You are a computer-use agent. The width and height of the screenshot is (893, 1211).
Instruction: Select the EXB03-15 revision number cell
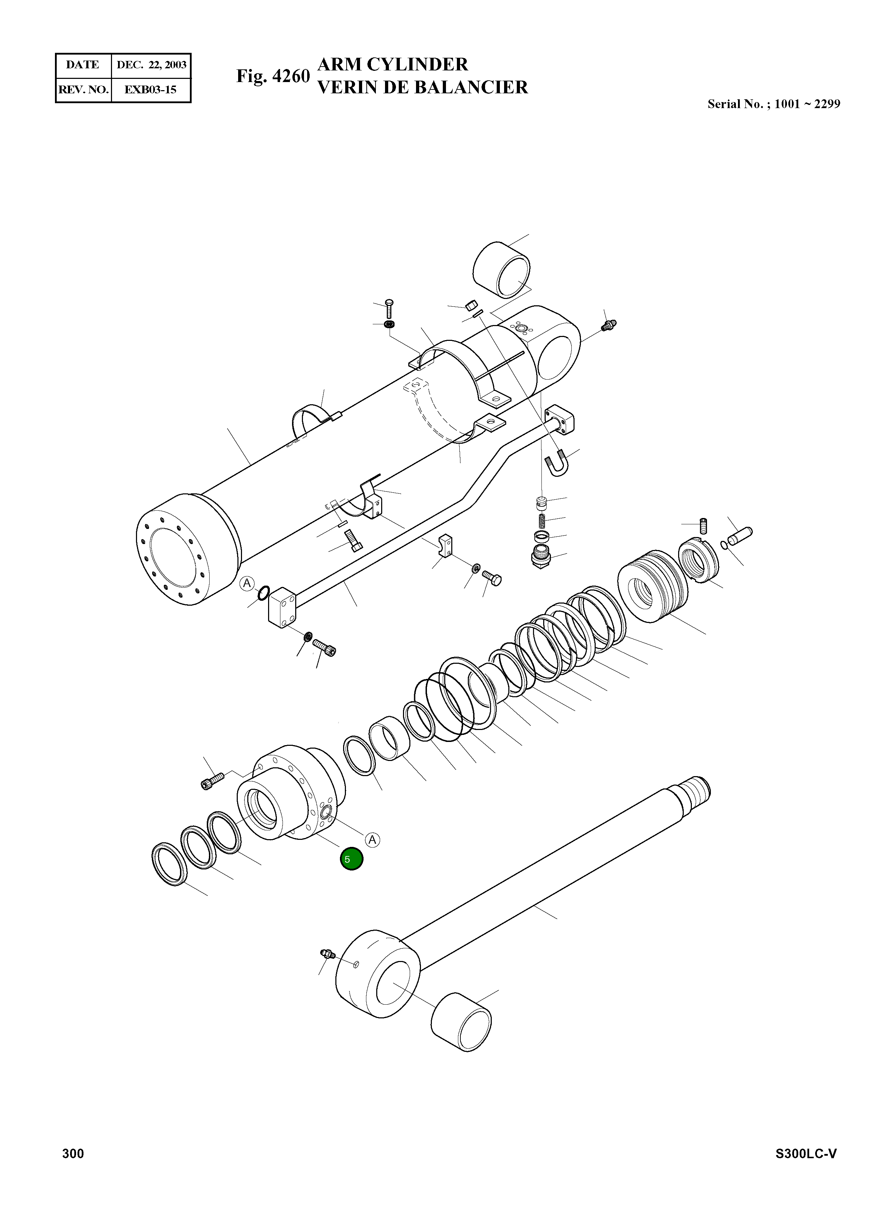tap(150, 90)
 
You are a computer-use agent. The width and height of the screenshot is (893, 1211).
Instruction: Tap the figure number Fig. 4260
tap(273, 76)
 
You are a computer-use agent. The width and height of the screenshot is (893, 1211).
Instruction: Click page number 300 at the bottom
tap(73, 1154)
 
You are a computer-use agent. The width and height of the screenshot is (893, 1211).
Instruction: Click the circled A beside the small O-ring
tap(247, 583)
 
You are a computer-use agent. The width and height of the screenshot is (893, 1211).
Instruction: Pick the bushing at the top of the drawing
tap(501, 269)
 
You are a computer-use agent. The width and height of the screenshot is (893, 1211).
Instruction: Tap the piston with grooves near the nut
tap(653, 586)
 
